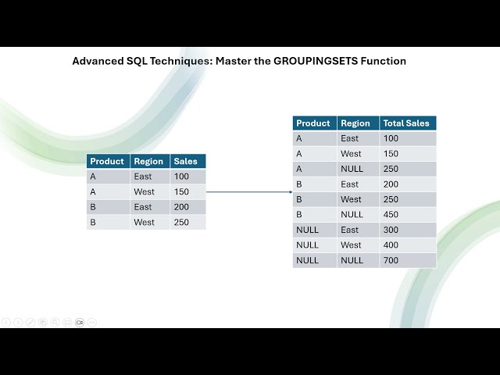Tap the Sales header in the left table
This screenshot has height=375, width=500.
pyautogui.click(x=185, y=162)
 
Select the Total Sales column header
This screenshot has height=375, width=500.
pyautogui.click(x=406, y=123)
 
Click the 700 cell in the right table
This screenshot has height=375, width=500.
pyautogui.click(x=391, y=260)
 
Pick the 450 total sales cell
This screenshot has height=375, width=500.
pyautogui.click(x=391, y=215)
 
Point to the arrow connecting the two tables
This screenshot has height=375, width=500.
pyautogui.click(x=248, y=191)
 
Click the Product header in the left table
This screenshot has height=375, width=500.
pyautogui.click(x=107, y=162)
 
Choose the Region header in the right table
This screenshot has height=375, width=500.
pyautogui.click(x=355, y=123)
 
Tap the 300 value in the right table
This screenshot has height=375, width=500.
pyautogui.click(x=391, y=230)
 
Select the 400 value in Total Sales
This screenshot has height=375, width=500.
pyautogui.click(x=391, y=245)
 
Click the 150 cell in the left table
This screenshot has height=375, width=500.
pyautogui.click(x=182, y=192)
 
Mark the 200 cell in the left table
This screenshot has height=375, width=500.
pyautogui.click(x=182, y=207)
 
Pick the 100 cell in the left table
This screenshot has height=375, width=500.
pyautogui.click(x=182, y=177)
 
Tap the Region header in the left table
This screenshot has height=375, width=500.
pyautogui.click(x=148, y=162)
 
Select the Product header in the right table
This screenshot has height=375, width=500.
pyautogui.click(x=313, y=123)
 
